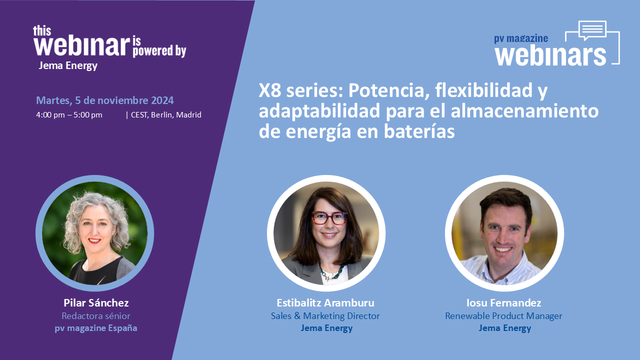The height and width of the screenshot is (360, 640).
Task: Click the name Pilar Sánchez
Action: click(x=96, y=303)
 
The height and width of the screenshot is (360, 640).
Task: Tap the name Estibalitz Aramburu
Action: click(x=325, y=303)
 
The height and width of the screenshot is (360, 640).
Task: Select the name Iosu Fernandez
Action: click(x=503, y=303)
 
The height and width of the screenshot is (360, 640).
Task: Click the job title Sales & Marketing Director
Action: click(x=325, y=316)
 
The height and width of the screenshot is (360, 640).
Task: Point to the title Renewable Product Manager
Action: click(x=503, y=316)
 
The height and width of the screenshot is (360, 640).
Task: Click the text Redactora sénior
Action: click(x=96, y=316)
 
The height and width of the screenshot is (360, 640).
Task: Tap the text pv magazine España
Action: click(x=96, y=328)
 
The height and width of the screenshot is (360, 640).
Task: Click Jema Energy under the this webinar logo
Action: click(x=68, y=66)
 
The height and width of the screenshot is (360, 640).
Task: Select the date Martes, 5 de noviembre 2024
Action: click(x=105, y=100)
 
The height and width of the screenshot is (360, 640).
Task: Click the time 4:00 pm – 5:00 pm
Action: click(x=69, y=115)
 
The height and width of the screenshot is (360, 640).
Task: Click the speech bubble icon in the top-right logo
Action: click(x=592, y=30)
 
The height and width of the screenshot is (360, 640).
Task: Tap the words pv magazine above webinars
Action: click(x=521, y=38)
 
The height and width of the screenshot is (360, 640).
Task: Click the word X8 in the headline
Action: click(x=270, y=90)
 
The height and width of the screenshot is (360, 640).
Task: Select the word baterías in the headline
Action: click(x=419, y=131)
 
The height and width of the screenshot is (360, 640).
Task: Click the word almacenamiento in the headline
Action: click(x=524, y=111)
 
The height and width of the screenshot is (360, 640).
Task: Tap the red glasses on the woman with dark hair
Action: click(x=329, y=218)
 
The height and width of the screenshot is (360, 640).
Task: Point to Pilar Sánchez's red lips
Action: click(x=94, y=241)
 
